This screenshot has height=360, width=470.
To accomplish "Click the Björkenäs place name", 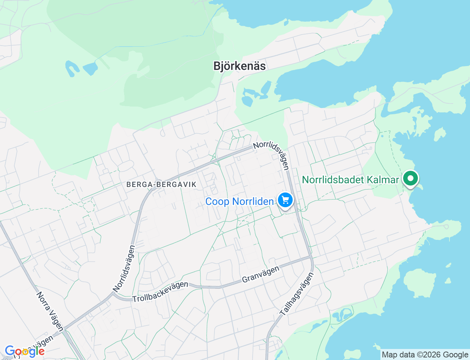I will (x=239, y=66).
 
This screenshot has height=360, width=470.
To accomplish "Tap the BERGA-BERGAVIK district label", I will (x=162, y=184).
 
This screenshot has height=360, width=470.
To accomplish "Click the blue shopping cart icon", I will (x=285, y=200).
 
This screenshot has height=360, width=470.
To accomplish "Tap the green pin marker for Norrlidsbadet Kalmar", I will (x=411, y=179).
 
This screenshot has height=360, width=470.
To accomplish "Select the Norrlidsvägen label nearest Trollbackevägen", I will (x=124, y=269).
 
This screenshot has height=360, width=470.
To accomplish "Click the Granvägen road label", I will (x=261, y=274).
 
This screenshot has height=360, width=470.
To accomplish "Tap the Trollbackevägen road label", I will (x=160, y=292).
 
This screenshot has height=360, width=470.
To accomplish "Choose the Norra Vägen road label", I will (x=50, y=312).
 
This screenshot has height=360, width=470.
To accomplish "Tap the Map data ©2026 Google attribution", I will (x=425, y=355).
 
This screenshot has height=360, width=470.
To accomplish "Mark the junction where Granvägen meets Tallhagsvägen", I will (x=311, y=258).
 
